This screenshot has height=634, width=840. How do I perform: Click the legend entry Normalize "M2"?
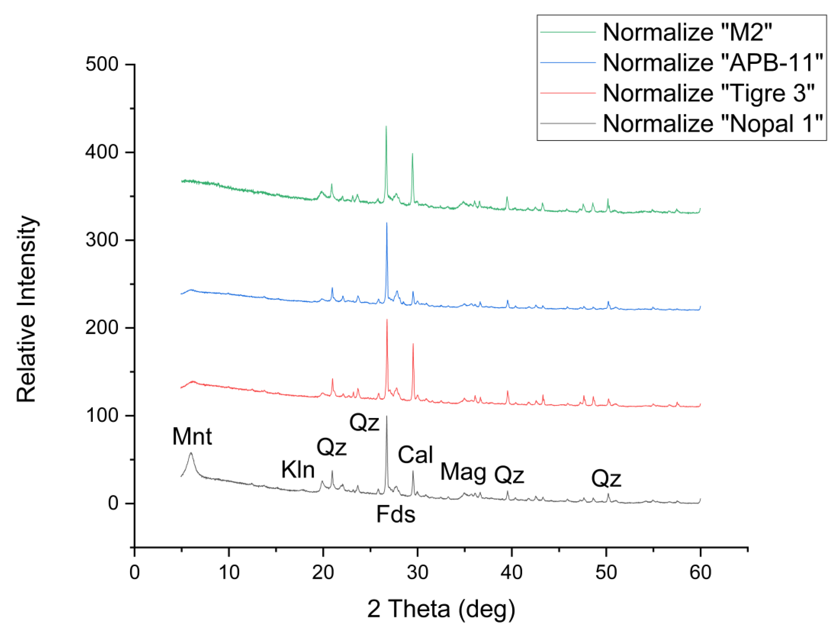687,32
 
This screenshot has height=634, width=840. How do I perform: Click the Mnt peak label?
192,436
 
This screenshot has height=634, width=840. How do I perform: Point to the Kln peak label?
298,470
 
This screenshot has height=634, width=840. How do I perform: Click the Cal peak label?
415,455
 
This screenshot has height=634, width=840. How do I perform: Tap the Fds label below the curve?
395,515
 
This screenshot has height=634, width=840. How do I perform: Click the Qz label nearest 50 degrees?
606,479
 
